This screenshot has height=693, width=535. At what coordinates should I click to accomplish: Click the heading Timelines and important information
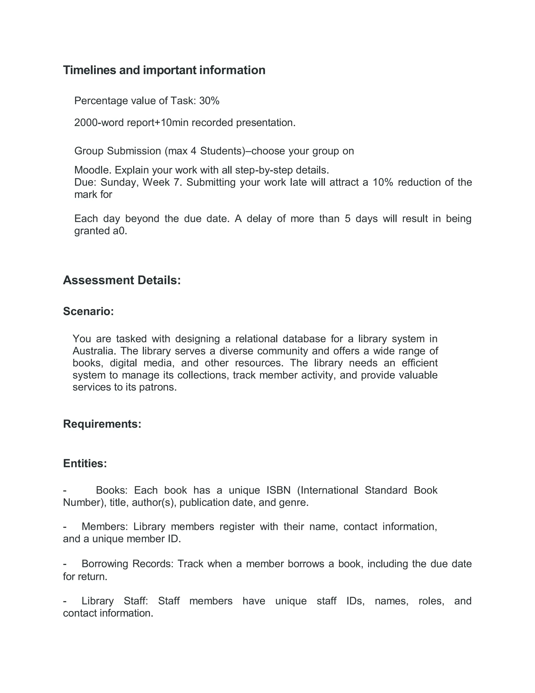tap(164, 70)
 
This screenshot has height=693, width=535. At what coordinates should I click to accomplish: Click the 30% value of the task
tap(209, 101)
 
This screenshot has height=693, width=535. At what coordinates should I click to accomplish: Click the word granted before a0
tap(92, 231)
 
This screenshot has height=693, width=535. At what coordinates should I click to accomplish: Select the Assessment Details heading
tap(122, 280)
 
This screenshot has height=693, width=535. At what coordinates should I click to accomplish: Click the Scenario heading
tap(88, 311)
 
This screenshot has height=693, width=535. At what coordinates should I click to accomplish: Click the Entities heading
tap(85, 463)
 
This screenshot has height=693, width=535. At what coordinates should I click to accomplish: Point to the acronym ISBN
tap(278, 490)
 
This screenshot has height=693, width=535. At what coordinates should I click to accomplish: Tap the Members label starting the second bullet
tap(104, 527)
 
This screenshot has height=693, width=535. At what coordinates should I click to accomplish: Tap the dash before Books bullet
tap(65, 491)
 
